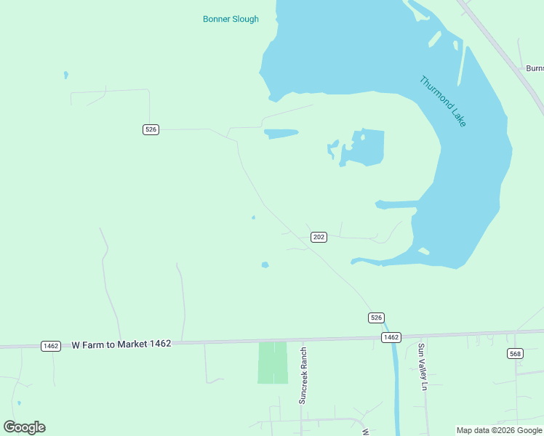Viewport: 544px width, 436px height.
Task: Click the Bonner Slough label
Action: click(231, 19)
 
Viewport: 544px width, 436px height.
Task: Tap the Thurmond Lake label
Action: click(443, 101)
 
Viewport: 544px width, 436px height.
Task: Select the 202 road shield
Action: click(319, 237)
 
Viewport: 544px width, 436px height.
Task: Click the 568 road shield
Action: click(516, 354)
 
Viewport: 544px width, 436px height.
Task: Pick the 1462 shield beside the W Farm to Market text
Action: click(51, 346)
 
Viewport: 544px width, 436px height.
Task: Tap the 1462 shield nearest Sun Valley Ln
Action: click(391, 337)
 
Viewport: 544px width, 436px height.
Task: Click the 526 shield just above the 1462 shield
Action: click(375, 318)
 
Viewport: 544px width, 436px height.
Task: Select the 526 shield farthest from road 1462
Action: click(151, 129)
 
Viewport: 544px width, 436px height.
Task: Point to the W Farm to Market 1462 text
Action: click(121, 344)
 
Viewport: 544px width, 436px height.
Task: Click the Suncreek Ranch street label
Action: click(304, 375)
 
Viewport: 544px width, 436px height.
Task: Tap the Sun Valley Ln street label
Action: click(420, 367)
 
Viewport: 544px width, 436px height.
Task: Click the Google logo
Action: click(25, 427)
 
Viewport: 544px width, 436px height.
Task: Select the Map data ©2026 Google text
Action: click(499, 430)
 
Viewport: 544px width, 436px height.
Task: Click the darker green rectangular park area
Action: click(273, 363)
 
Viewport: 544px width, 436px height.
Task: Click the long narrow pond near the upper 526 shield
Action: click(281, 134)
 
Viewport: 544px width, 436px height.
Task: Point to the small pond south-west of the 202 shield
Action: click(265, 265)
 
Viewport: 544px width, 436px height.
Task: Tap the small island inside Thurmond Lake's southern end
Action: click(423, 251)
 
